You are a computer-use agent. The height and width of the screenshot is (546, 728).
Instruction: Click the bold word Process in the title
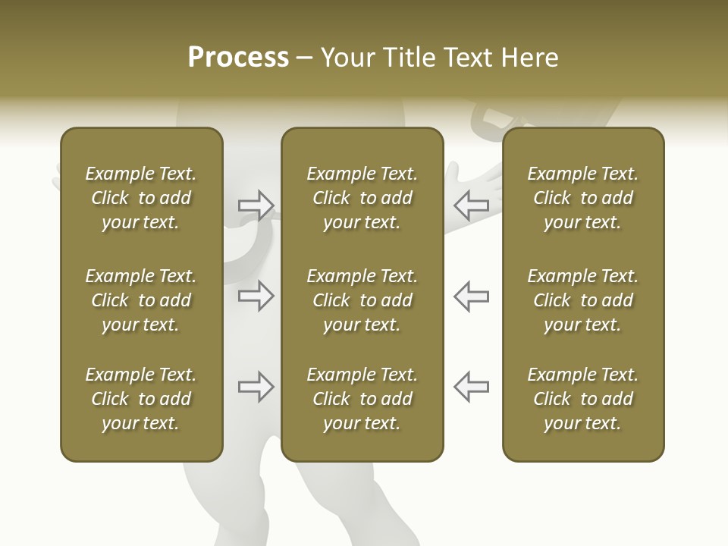point(238,58)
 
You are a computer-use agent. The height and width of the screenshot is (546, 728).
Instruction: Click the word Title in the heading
point(408,58)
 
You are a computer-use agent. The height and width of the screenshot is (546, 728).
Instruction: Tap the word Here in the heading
point(529,58)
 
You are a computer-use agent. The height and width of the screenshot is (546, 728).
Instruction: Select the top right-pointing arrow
point(256,205)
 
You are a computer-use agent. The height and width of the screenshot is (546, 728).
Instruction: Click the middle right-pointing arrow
point(256,296)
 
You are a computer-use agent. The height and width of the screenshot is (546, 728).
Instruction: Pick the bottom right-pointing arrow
point(256,387)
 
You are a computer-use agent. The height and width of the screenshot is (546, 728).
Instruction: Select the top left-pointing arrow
point(472,205)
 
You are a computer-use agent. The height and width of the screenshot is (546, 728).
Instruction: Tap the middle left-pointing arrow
point(472,296)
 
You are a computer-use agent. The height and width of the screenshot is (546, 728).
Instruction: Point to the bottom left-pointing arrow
point(472,387)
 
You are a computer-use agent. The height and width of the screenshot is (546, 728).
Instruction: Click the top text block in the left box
point(141,198)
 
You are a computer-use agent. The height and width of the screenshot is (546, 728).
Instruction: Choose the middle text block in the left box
point(141,300)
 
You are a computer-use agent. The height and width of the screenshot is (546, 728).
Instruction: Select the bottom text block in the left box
point(141,399)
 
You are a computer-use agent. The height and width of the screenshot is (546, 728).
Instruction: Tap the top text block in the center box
point(362,198)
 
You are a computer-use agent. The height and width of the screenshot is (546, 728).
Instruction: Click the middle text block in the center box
point(362,300)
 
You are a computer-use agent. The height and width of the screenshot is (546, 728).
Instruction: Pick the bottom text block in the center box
point(362,399)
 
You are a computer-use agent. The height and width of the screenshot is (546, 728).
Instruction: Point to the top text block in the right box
point(582,198)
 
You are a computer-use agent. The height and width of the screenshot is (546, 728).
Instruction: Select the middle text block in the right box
point(582,300)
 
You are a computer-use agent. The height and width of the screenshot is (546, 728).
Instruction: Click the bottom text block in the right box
point(582,399)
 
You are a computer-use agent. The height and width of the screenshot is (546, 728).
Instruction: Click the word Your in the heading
point(347,58)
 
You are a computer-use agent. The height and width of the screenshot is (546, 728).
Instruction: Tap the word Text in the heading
point(467,58)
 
